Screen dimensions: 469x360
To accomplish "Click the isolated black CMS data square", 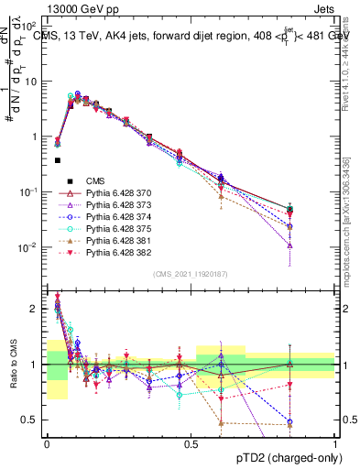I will [58, 160].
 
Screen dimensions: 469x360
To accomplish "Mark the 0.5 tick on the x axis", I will [191, 442].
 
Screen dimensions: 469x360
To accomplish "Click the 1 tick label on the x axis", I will [335, 442].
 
